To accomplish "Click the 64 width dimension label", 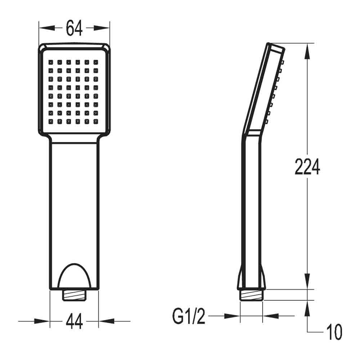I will pyautogui.click(x=74, y=28).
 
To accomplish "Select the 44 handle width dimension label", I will pyautogui.click(x=74, y=321).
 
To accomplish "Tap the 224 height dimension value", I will pyautogui.click(x=307, y=167).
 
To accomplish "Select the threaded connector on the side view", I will pyautogui.click(x=252, y=295).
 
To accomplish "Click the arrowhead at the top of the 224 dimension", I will pyautogui.click(x=307, y=50).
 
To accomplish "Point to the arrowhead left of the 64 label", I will pyautogui.click(x=46, y=28).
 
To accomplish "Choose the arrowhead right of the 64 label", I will pyautogui.click(x=103, y=28).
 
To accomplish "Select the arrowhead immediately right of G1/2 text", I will pyautogui.click(x=232, y=316).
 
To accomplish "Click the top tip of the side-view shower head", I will pyautogui.click(x=269, y=44).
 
